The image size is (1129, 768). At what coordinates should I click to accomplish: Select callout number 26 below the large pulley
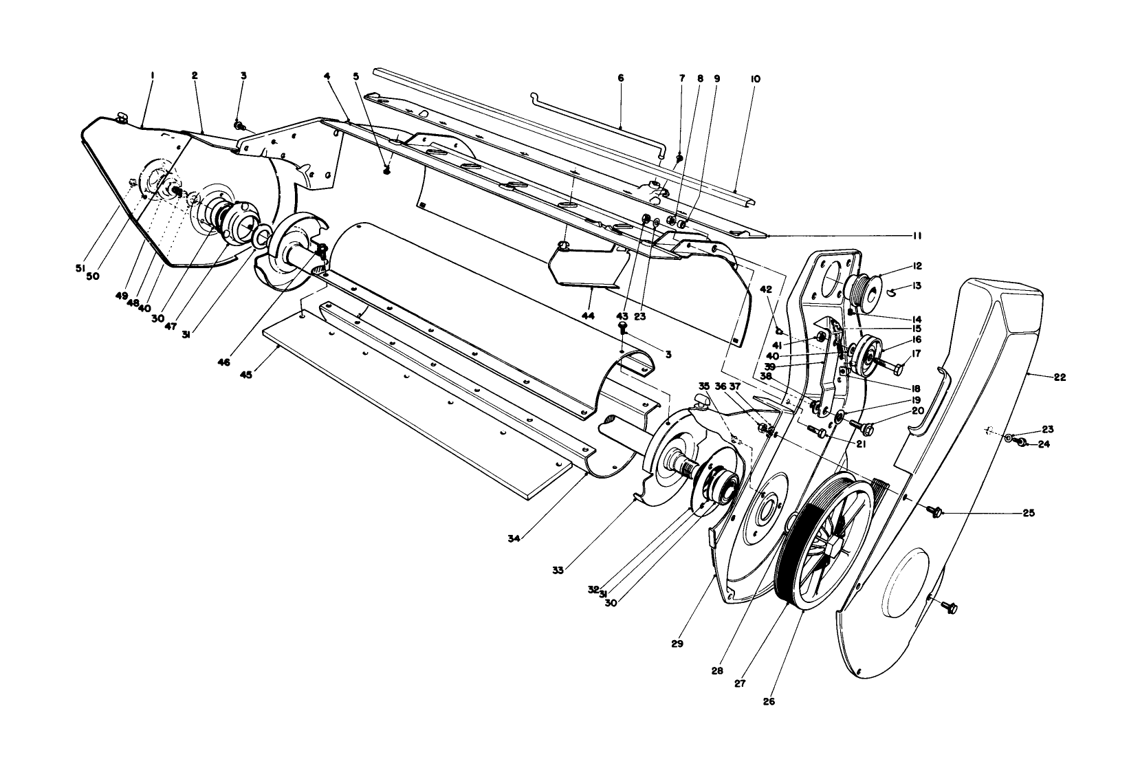coord(769,702)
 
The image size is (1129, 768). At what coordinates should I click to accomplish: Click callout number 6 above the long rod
coord(621,79)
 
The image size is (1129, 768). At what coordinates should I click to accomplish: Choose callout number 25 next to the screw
coord(1029,513)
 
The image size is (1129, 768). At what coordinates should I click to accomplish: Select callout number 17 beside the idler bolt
coord(918,355)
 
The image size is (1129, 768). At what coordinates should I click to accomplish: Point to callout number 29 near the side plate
coord(677,644)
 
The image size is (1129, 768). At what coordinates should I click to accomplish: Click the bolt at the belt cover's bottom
coord(950,608)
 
